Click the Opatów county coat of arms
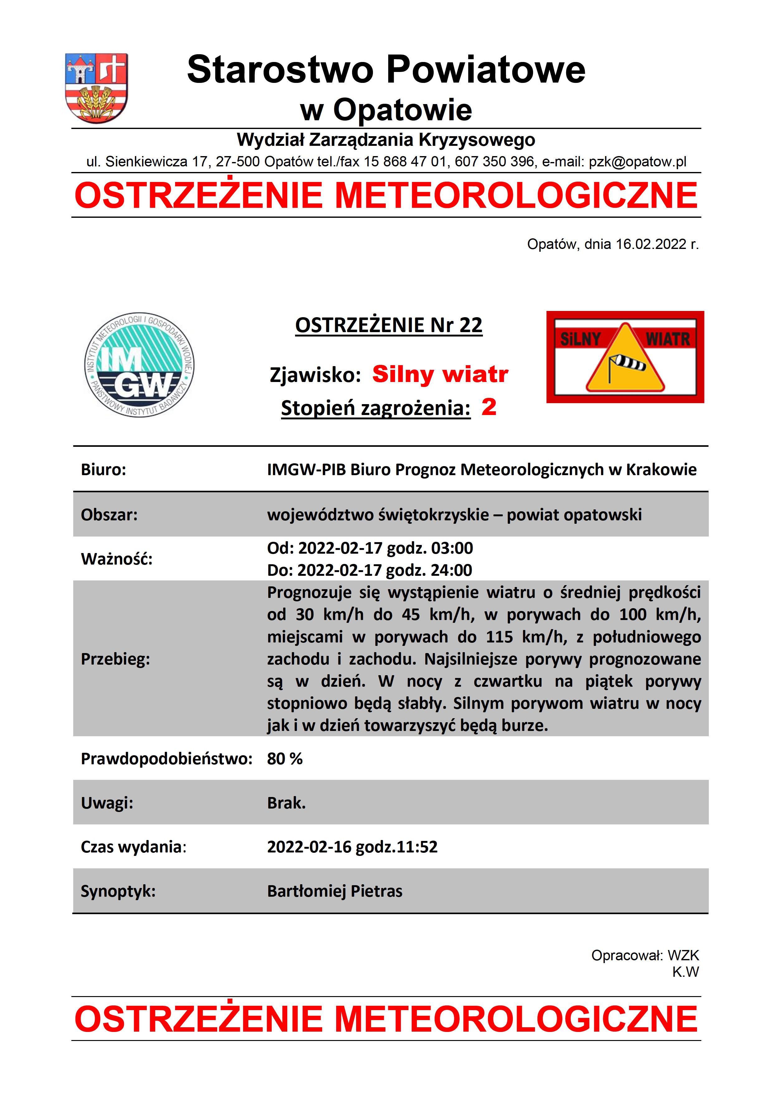click(x=96, y=88)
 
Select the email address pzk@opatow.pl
click(x=638, y=162)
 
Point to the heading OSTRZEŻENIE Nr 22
click(x=389, y=325)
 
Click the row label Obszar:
click(x=109, y=515)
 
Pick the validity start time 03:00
click(x=452, y=548)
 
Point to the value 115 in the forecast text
click(x=499, y=637)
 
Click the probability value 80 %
click(x=285, y=759)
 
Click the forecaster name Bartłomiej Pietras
click(x=335, y=891)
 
